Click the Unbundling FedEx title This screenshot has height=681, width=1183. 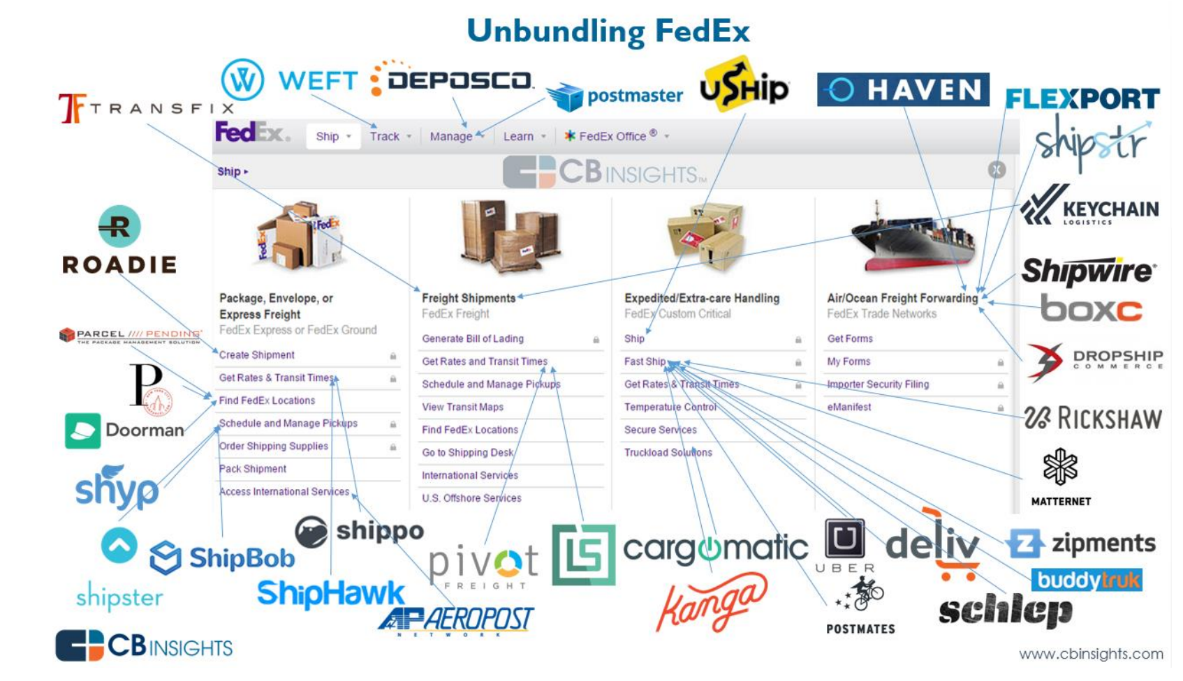coord(608,31)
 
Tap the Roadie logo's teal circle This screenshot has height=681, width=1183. coord(119,226)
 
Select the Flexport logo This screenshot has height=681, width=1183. coord(1082,98)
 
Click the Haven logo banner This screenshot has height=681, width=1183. coord(902,89)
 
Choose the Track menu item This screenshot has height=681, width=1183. coord(385,137)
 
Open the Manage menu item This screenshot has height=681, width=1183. coord(451,137)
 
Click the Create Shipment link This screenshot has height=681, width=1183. coord(257,355)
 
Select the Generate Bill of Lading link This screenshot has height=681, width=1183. coord(473,338)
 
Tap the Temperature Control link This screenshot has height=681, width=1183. coord(670,407)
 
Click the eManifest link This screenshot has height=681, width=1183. coord(848,407)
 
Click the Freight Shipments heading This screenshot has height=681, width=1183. coord(469,298)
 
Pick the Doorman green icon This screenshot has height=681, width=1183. coord(82,431)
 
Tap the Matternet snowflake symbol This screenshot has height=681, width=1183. coord(1060,466)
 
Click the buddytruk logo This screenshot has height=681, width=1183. coord(1087,580)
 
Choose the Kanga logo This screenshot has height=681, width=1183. coord(712,601)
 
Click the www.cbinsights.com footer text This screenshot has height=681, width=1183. coord(1091,654)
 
